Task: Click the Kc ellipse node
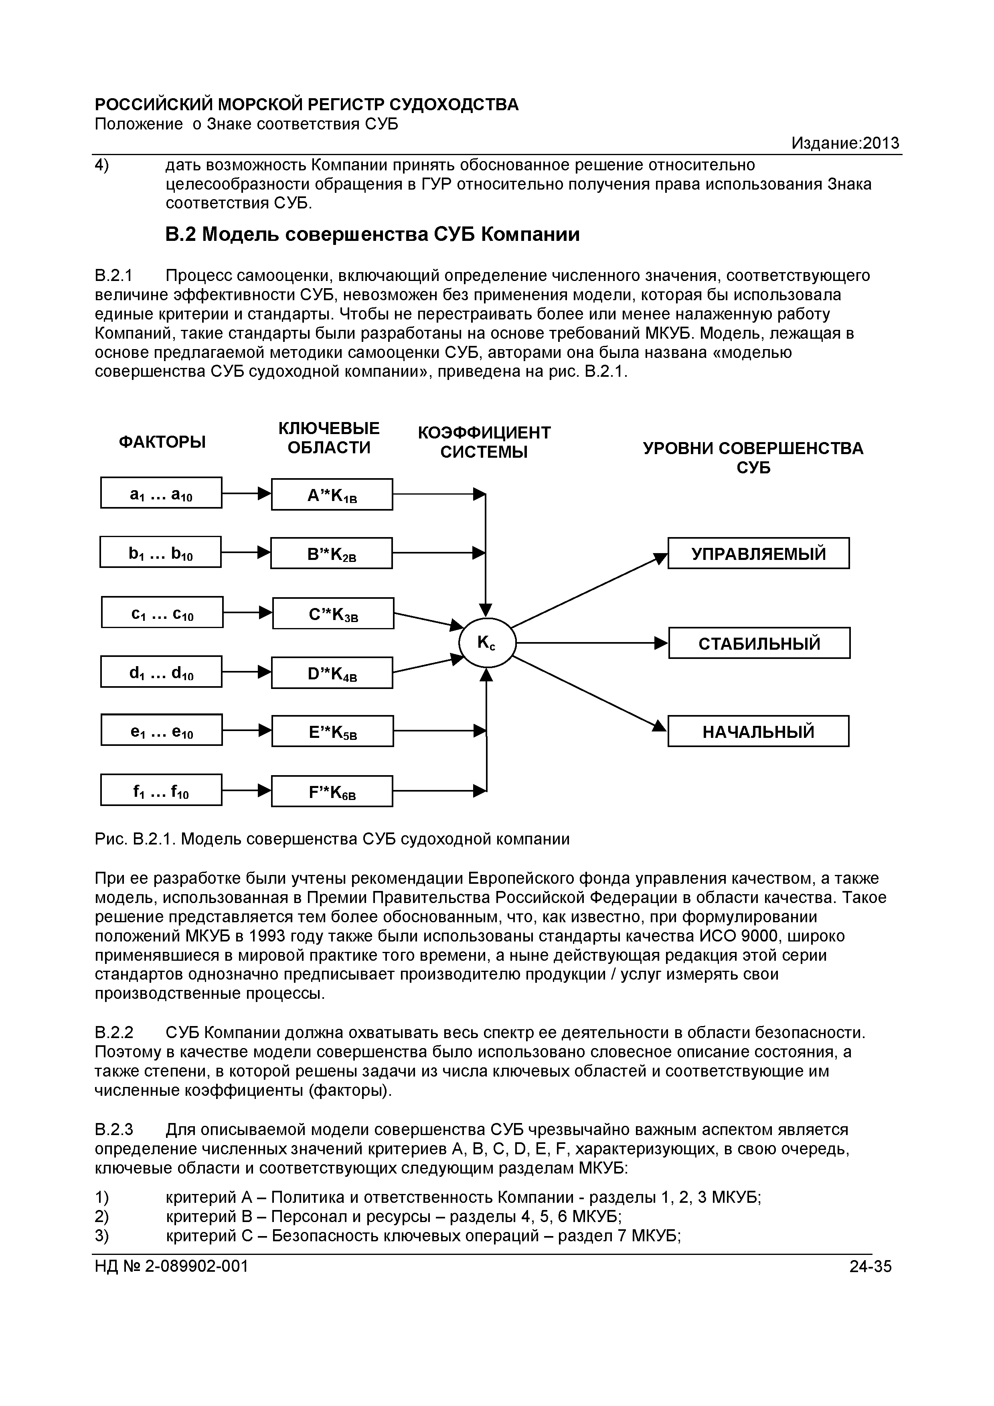[x=488, y=643]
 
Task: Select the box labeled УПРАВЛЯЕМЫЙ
[x=758, y=554]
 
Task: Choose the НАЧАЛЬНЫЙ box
[x=758, y=731]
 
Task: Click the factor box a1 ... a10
[x=161, y=493]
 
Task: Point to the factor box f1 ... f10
[x=161, y=790]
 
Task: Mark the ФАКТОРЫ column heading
[x=162, y=442]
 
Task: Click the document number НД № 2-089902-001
[x=172, y=1267]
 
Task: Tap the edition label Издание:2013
[x=845, y=143]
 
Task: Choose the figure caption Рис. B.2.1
[x=332, y=839]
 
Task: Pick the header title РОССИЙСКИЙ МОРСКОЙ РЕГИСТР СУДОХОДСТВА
[x=307, y=105]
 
